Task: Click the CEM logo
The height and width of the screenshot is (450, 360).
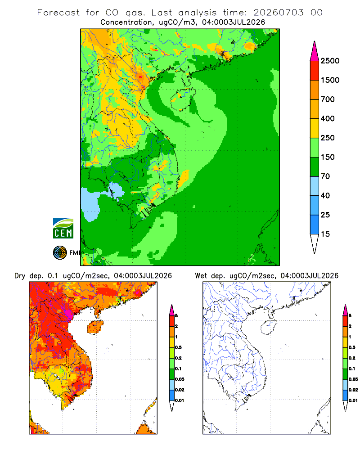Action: click(x=63, y=228)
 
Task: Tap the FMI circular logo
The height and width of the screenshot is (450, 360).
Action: click(x=60, y=252)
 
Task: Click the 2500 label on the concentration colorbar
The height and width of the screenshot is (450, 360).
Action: click(x=330, y=61)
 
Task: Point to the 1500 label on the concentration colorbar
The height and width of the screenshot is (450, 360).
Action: click(x=330, y=80)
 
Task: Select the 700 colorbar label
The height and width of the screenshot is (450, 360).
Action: click(x=328, y=99)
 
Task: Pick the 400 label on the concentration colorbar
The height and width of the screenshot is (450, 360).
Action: click(x=328, y=118)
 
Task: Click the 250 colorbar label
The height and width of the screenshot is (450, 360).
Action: click(x=328, y=138)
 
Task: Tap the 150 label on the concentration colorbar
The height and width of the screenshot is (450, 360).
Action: click(x=328, y=157)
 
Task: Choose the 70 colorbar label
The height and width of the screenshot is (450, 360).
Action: click(x=325, y=176)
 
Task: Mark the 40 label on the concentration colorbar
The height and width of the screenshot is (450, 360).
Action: click(x=325, y=195)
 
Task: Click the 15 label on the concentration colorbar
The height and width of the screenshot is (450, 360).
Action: click(x=325, y=234)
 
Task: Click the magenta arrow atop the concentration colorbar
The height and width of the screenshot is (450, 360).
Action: click(x=315, y=52)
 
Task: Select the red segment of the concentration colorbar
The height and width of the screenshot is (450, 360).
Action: click(x=315, y=71)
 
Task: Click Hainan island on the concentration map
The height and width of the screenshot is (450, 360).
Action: click(x=183, y=99)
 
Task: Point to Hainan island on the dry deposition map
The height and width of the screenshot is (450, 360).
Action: click(x=95, y=327)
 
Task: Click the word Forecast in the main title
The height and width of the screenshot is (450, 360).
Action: click(x=58, y=13)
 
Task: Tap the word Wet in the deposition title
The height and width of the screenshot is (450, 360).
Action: click(x=201, y=276)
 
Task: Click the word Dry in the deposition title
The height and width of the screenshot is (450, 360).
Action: click(x=20, y=276)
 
